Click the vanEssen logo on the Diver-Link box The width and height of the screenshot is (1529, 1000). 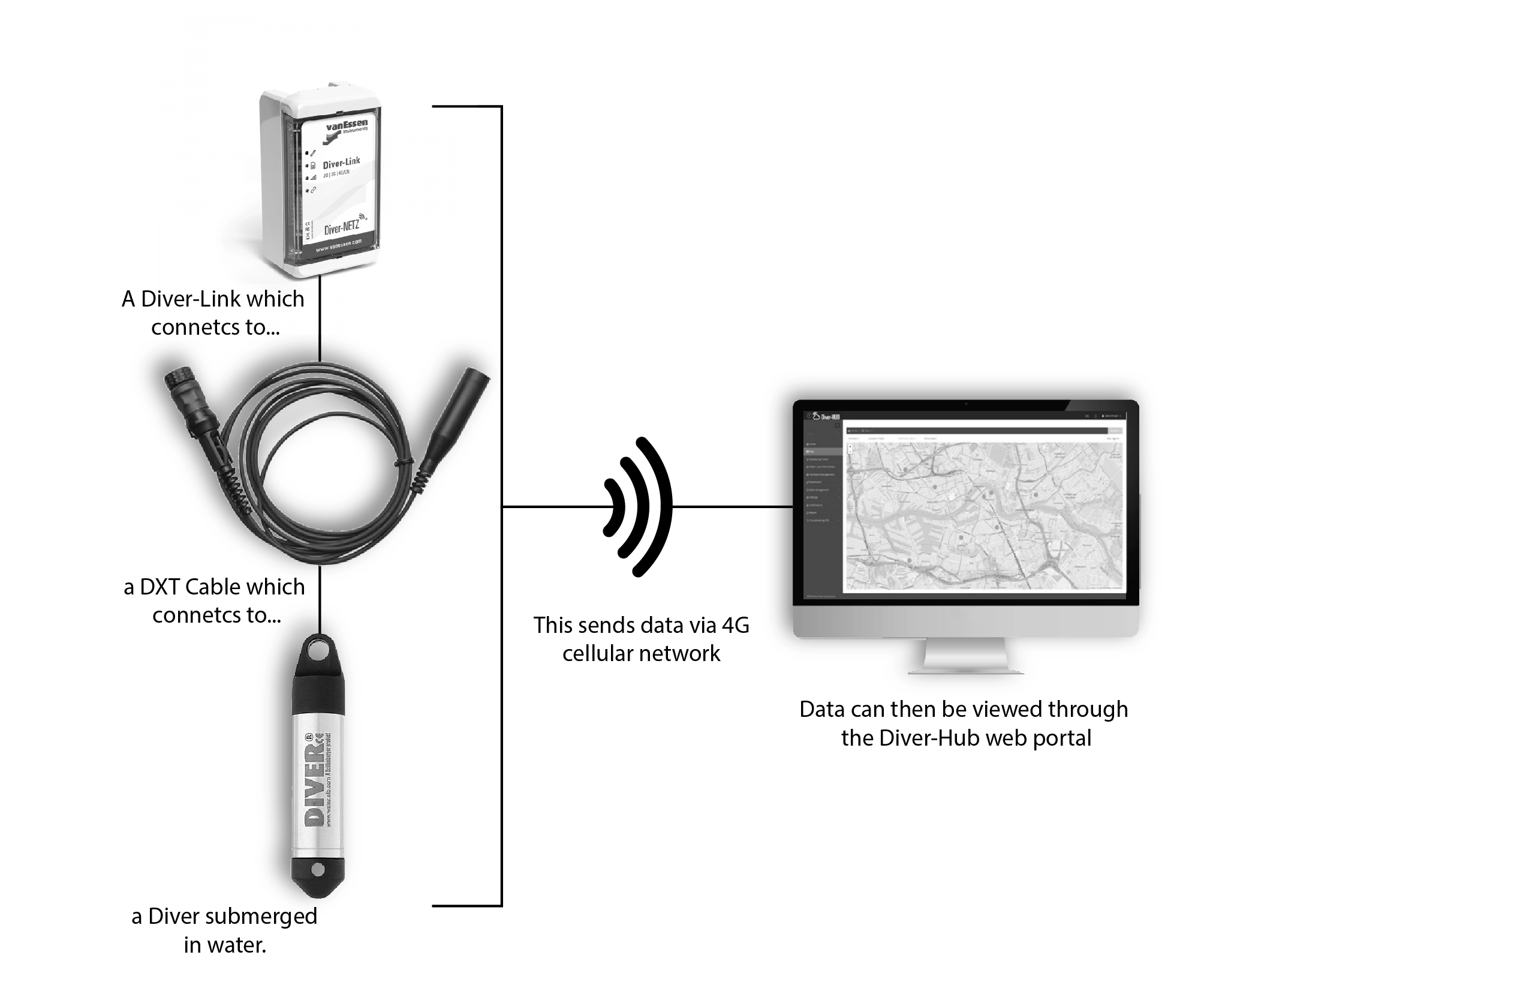coord(345,128)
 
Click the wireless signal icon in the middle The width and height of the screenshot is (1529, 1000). coord(637,506)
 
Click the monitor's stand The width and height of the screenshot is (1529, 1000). coord(965,656)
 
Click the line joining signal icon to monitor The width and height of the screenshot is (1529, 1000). coord(732,506)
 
